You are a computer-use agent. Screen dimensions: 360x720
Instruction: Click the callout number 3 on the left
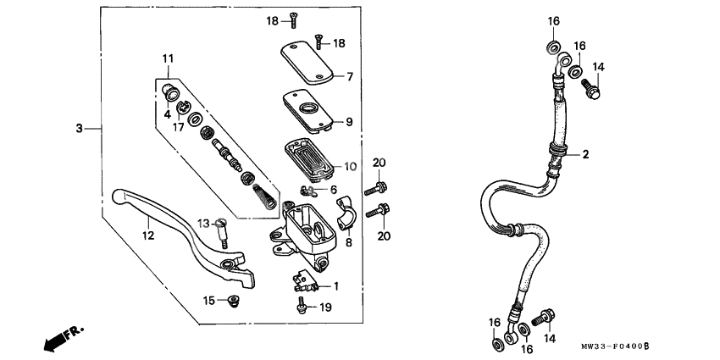point(79,129)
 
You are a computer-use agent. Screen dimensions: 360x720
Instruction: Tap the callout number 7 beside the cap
point(348,77)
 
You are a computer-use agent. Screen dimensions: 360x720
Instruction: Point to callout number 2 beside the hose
point(584,155)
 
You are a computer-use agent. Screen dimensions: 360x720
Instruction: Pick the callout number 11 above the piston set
point(169,58)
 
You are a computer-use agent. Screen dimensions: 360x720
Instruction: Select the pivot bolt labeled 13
point(222,230)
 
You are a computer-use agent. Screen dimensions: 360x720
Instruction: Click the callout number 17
point(179,127)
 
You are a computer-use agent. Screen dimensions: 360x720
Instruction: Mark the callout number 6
point(335,189)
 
